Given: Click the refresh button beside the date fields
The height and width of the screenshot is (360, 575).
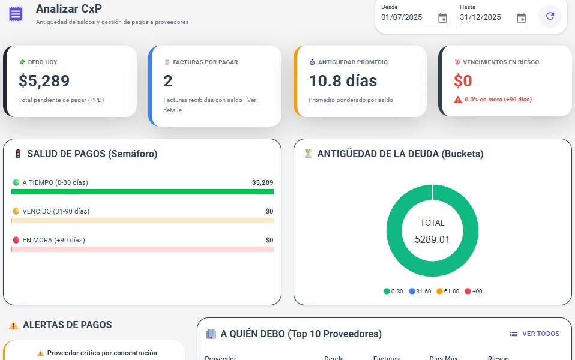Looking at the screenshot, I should coord(550,16).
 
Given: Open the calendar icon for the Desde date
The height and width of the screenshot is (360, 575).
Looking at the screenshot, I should coord(442,18).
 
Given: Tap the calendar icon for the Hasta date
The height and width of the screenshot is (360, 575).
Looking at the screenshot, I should coord(521,18).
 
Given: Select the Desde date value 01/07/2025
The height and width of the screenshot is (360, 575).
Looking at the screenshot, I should coord(402,17).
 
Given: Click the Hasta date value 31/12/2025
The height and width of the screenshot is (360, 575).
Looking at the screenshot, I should coord(480,17).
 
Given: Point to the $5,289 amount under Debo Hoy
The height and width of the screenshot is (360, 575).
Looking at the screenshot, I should coord(44,80).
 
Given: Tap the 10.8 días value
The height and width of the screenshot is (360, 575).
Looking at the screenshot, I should coord(343,80).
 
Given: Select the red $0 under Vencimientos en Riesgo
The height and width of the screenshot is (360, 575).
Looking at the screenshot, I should coord(463,80).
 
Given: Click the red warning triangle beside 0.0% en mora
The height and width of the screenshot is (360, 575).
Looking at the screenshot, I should coord(458,100).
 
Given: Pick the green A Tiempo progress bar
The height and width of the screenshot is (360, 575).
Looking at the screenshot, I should coord(142,192).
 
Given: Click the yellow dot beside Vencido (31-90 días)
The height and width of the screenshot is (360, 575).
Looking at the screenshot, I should coord(16,211).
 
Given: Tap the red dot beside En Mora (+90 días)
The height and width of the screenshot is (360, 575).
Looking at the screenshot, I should coord(16,240).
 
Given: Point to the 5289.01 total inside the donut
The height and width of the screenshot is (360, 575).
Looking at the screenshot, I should coord(432,239).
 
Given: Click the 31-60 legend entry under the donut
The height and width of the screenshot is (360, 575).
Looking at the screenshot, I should coord(420,292).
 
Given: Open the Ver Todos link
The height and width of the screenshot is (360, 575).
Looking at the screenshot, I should coord(535,334).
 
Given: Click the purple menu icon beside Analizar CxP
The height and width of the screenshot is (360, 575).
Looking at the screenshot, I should coord(16,14).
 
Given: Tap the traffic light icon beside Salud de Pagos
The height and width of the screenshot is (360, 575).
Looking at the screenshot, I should coord(18,154).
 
